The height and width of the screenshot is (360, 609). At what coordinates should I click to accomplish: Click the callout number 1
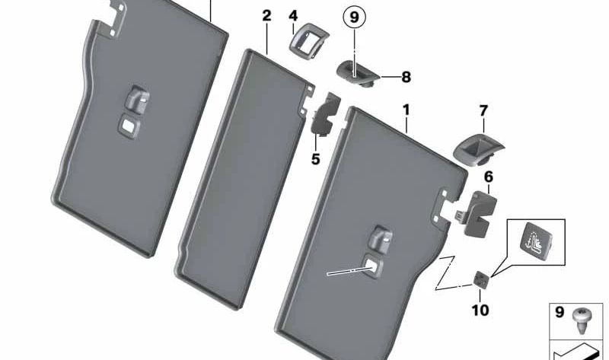(407, 110)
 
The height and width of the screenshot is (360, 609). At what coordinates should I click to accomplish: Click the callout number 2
(266, 16)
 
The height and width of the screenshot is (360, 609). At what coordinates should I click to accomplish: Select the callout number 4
(293, 15)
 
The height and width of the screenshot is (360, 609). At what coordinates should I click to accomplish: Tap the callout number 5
(315, 159)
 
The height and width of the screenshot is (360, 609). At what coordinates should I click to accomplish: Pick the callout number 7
(483, 111)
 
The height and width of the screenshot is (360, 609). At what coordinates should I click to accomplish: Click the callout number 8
(406, 76)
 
